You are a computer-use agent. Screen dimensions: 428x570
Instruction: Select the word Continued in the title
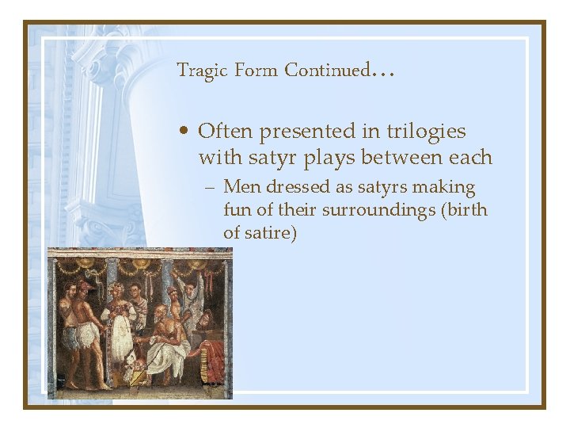(327, 71)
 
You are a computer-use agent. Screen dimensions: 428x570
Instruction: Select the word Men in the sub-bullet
(241, 188)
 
